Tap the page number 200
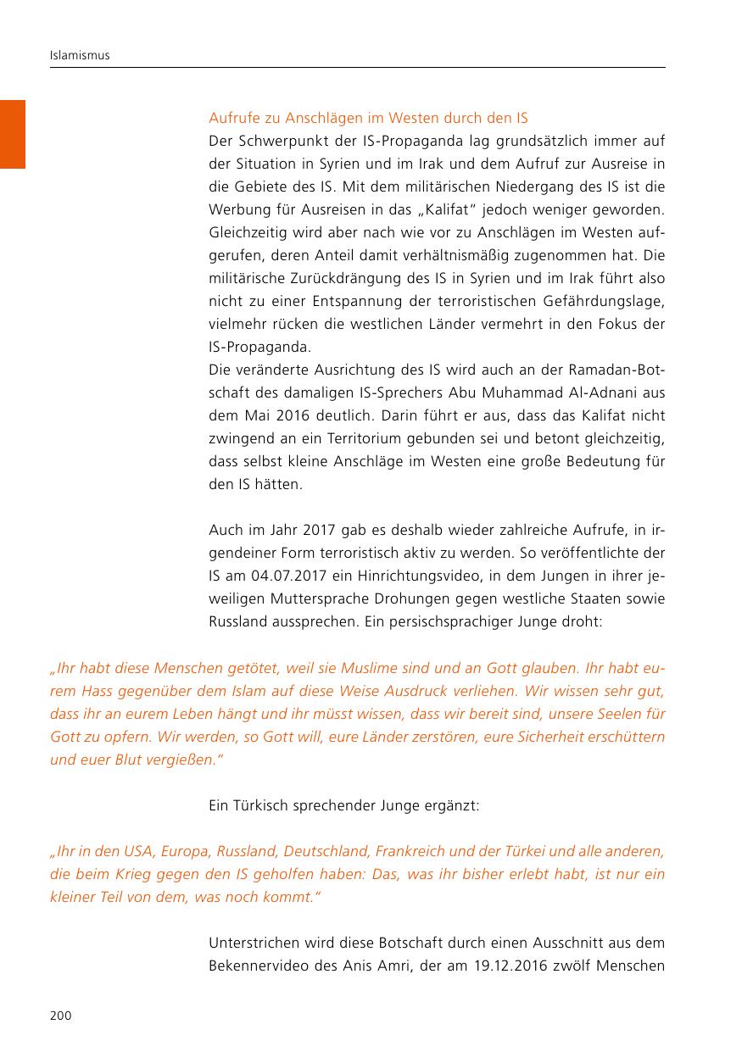60,1016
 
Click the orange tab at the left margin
13,134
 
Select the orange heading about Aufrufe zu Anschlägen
368,118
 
